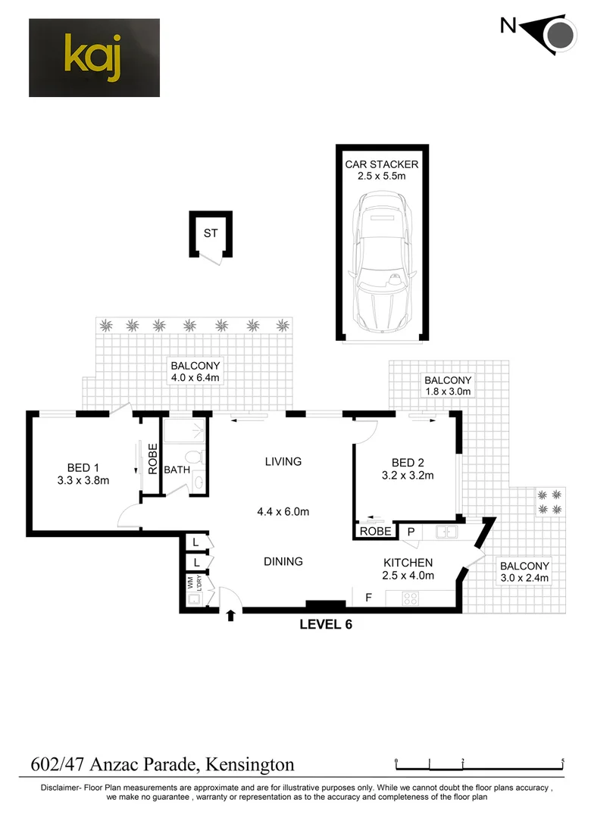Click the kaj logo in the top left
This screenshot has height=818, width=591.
coord(94,58)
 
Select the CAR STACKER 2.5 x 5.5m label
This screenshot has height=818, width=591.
coord(382,170)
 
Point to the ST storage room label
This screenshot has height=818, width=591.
coord(210,233)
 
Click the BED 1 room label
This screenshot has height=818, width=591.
coord(83,473)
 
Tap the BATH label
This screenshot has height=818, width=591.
coord(177,470)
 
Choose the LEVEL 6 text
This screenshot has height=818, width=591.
coord(326,625)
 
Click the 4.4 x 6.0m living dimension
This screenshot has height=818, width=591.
coord(283,512)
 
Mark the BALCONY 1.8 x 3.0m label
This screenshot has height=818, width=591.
coord(448,386)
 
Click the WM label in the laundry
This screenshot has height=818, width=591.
coord(190,583)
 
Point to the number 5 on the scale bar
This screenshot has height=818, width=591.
coord(563,760)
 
